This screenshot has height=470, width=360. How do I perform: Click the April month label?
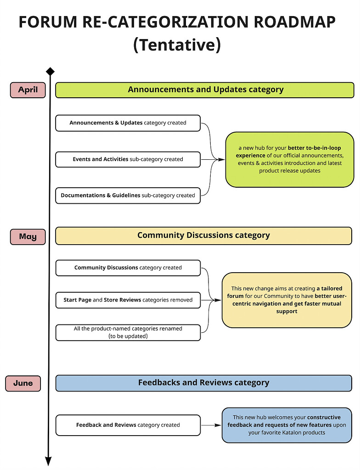[28, 90]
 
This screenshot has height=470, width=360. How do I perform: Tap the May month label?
[28, 237]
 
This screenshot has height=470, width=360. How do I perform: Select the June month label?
[23, 383]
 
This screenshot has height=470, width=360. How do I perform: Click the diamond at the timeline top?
[50, 72]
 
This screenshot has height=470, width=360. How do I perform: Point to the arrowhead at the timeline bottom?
[48, 460]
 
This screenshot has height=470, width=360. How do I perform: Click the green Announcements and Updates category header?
[205, 90]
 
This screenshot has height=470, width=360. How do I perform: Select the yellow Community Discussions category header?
[203, 235]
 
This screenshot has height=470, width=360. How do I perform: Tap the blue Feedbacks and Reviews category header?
[203, 383]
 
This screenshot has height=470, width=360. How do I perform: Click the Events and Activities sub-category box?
[128, 159]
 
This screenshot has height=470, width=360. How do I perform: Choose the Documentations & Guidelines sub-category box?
[128, 196]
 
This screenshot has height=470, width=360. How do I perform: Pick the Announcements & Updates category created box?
[128, 123]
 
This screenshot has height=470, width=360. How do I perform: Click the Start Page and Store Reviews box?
[128, 300]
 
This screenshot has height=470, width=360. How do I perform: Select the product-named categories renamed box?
[128, 332]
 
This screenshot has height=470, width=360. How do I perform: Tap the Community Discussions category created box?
[128, 268]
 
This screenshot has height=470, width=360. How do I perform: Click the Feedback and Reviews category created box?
[128, 425]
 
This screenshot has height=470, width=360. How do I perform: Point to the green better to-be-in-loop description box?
[289, 159]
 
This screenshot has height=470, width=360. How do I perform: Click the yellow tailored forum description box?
[287, 300]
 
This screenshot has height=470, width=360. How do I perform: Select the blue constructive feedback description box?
[287, 425]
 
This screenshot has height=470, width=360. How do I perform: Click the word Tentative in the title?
[177, 45]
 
